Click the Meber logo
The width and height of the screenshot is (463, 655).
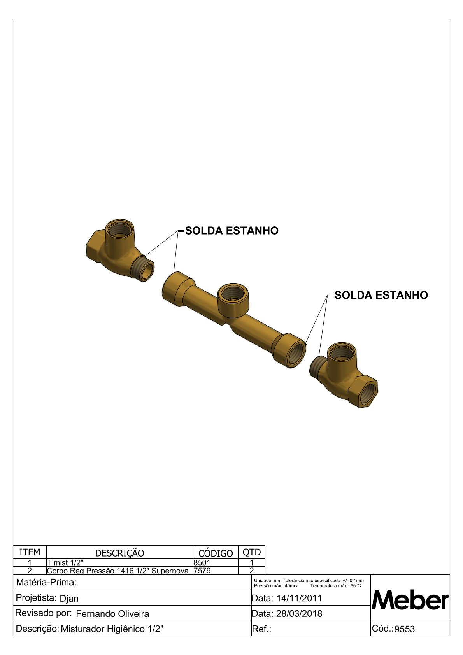click(410, 601)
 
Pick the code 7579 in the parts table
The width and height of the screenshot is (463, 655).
click(202, 571)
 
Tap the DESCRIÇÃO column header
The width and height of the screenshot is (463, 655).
click(119, 553)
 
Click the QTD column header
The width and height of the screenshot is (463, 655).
click(251, 552)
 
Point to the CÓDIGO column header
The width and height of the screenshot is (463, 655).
click(216, 553)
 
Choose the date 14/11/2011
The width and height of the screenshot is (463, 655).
click(299, 598)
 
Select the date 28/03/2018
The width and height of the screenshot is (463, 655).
click(299, 613)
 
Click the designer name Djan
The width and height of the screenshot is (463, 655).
click(69, 599)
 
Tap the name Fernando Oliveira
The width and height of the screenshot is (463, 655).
click(112, 614)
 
